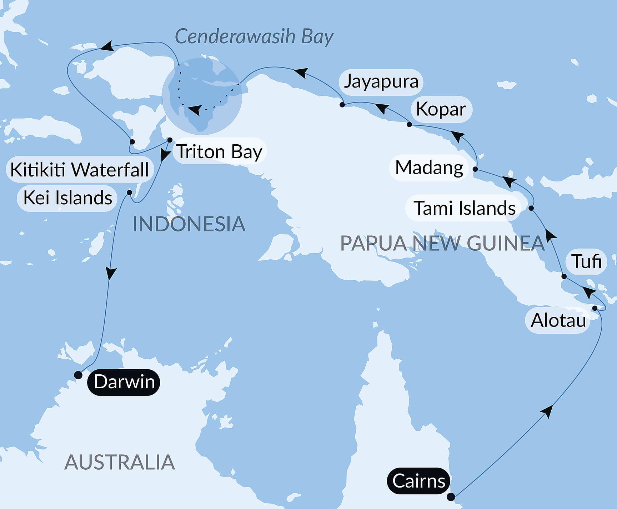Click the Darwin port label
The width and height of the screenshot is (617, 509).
point(124,382)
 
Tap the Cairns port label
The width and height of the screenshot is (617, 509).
point(418,481)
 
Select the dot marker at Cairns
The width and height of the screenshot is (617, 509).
point(451,497)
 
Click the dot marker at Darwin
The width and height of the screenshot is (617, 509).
point(78,375)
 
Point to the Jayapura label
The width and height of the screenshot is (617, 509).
point(381,81)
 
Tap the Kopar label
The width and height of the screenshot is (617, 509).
point(441,109)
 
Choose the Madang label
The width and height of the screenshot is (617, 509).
point(429,168)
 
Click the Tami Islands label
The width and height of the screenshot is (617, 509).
point(465,208)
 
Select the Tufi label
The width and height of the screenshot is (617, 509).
point(587,261)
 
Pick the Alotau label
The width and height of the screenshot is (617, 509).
point(558,320)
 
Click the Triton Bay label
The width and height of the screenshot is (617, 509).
point(220,151)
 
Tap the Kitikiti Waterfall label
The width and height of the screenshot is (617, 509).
point(79,169)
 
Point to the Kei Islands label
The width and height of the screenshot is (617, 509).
point(67,198)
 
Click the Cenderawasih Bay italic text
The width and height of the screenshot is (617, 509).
point(254,36)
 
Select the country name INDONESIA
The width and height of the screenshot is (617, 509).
point(189,224)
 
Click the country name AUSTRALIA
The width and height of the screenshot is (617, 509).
point(120,462)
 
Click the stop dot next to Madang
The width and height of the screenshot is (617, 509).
point(475,169)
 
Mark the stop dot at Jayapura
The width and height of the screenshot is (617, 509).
point(342,105)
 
